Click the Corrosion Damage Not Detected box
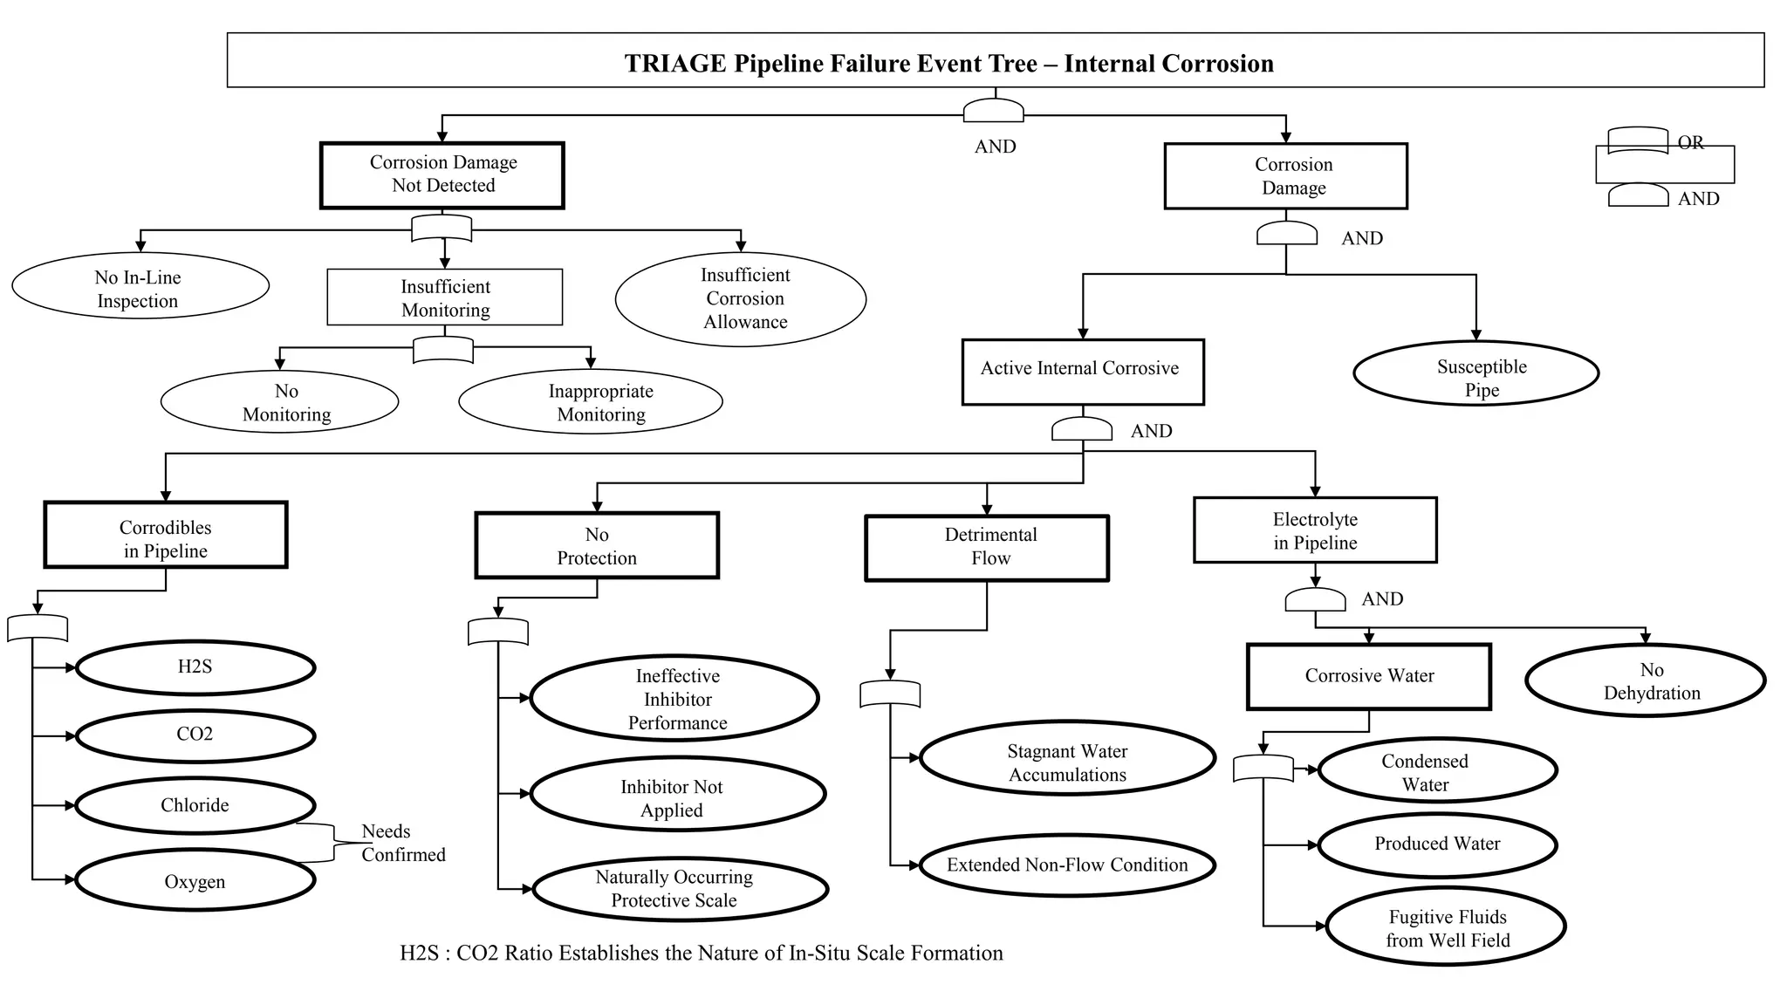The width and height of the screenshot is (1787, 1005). [442, 175]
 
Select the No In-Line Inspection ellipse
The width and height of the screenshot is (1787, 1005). [140, 288]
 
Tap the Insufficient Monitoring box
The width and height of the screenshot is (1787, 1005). [444, 297]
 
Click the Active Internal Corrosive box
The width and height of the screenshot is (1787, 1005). [1082, 371]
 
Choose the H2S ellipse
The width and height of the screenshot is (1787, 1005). [195, 667]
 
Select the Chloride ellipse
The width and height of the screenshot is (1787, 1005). [195, 805]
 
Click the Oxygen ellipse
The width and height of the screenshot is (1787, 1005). [195, 881]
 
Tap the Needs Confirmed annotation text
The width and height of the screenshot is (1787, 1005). [402, 843]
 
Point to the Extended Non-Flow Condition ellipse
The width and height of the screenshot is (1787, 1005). [1067, 865]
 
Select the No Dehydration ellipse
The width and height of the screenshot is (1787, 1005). [1645, 680]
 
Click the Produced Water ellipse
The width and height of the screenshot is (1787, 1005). [1436, 844]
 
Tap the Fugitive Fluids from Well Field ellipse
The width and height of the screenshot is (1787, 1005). [1446, 927]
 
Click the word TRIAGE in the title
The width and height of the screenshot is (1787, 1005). [674, 64]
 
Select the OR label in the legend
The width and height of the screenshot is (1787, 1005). [1690, 142]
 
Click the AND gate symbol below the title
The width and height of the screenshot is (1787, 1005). [993, 111]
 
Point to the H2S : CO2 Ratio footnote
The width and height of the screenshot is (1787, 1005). [701, 953]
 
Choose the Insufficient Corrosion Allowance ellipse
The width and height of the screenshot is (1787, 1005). [741, 298]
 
